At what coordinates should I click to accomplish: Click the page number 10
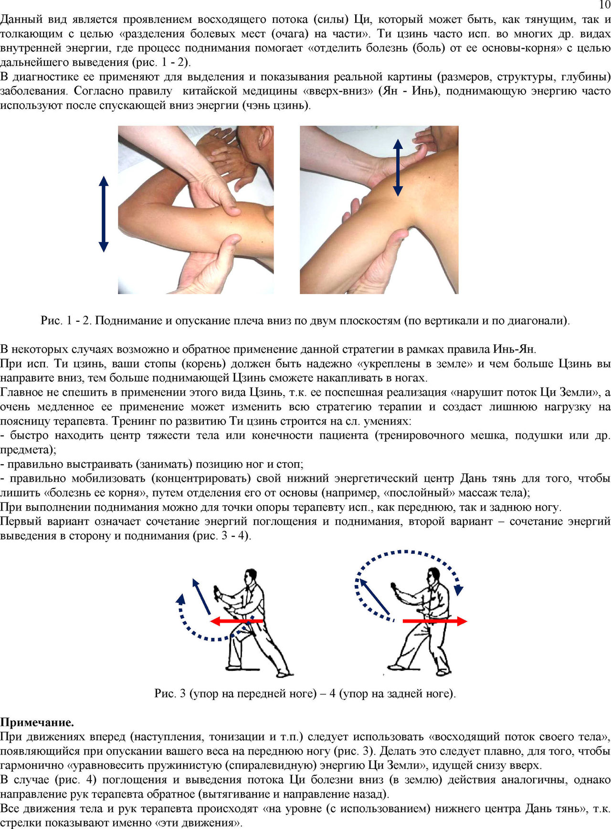[604, 5]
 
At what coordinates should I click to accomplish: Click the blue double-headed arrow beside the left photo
[104, 214]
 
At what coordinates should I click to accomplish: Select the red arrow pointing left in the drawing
[237, 621]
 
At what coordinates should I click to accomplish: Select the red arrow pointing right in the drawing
[435, 621]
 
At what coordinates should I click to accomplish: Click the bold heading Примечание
[37, 722]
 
